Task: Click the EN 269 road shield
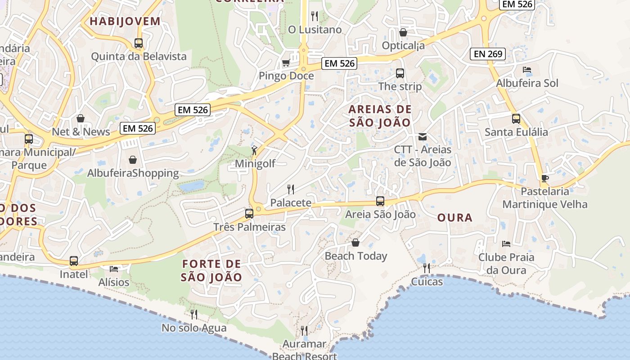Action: [488, 54]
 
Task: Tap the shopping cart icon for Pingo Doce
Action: [286, 63]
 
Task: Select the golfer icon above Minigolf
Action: [255, 150]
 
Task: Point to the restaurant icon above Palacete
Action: [291, 189]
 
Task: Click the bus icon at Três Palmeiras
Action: [249, 214]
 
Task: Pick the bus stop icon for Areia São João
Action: [380, 201]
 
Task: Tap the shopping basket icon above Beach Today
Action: [355, 243]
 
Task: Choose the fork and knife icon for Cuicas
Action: [426, 269]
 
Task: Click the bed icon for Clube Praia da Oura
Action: [506, 244]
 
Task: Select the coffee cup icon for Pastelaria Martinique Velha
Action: [544, 178]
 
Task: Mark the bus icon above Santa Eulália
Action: [516, 119]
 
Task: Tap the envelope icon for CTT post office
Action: [423, 136]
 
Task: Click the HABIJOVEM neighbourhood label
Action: [125, 21]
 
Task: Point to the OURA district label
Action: [455, 218]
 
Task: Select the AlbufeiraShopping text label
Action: [133, 173]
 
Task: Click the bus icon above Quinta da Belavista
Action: [139, 43]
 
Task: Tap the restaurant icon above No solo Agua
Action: [194, 314]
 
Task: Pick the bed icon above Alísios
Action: [114, 269]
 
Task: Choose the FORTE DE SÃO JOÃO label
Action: [211, 270]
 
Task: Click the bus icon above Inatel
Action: [74, 261]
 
